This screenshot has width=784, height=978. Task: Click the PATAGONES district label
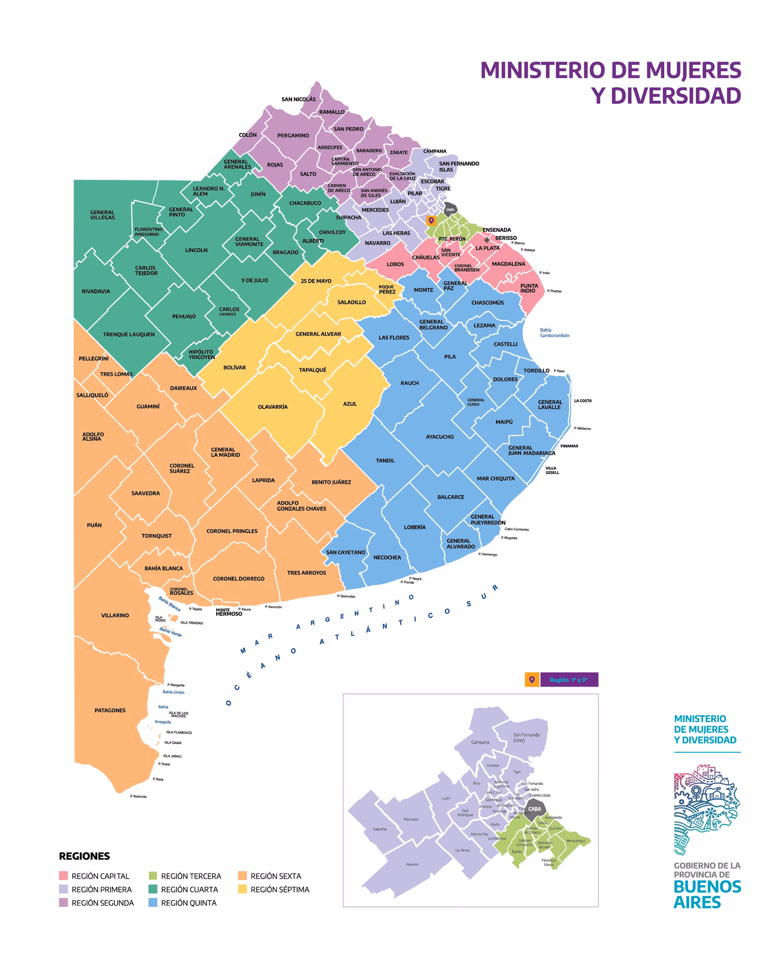coord(110,710)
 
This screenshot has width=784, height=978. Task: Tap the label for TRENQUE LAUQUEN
coord(128,335)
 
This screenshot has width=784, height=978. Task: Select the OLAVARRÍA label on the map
coord(273,407)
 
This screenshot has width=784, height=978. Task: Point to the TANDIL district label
coord(385,460)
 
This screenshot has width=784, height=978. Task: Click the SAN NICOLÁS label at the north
coord(298,99)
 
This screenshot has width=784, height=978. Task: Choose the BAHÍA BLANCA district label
coord(163,568)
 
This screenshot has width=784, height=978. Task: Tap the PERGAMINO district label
coord(293,135)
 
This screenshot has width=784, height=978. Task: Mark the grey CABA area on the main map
coord(450,209)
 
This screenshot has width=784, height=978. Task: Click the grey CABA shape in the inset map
coord(534,809)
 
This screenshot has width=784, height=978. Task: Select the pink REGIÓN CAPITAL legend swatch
coord(64,876)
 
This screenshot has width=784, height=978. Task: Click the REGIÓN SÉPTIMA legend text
coord(280,889)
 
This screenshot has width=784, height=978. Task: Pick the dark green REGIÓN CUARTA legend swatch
coord(153,889)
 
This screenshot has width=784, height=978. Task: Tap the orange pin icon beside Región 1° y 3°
coord(532,680)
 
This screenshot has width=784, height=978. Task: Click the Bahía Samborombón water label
coord(554,333)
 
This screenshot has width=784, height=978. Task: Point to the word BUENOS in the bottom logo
coord(707,887)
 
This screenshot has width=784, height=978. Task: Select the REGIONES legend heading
coord(84,856)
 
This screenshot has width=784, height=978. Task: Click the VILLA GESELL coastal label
coord(552,470)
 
